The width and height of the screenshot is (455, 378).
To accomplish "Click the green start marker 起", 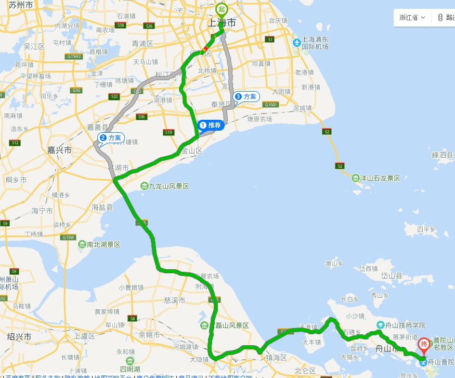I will click(222, 9).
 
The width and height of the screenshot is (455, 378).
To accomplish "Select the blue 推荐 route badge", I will click(211, 125).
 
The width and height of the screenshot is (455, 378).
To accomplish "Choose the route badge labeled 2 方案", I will click(110, 138).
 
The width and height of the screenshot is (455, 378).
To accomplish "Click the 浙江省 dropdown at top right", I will click(412, 17).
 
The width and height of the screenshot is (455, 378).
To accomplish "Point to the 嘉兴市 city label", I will click(59, 150).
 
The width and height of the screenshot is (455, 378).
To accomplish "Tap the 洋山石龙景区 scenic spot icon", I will click(356, 178).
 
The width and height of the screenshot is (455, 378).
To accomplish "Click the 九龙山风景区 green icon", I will click(144, 186).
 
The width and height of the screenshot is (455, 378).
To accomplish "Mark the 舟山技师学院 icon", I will click(381, 324).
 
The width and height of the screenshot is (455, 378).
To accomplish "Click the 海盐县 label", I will click(102, 207).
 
